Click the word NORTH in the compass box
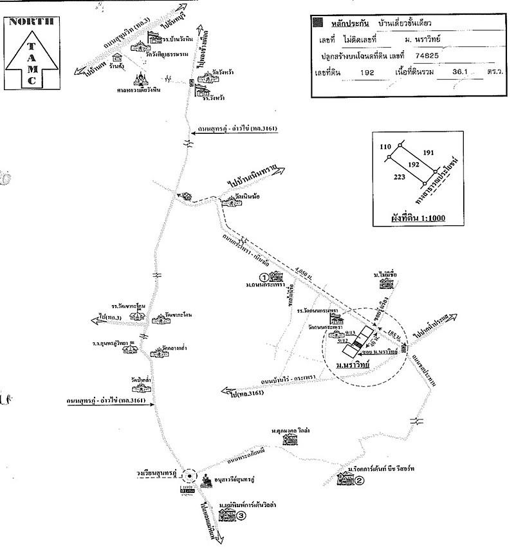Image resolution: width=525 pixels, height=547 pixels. click(30, 21)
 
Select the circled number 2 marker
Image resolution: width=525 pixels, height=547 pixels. click(360, 480)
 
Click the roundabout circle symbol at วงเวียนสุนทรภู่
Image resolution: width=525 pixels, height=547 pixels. click(189, 477)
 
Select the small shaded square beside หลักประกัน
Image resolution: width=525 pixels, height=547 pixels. click(317, 23)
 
